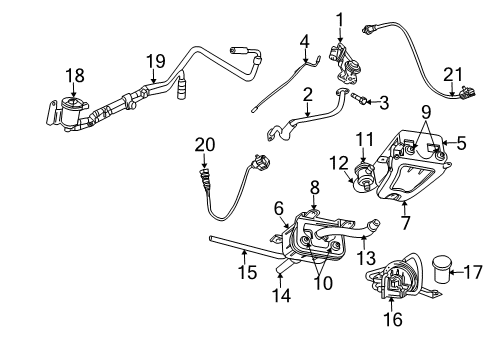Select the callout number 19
tap(154, 61)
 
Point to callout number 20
tap(205, 145)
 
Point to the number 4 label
tap(304, 41)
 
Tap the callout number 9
tap(424, 111)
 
